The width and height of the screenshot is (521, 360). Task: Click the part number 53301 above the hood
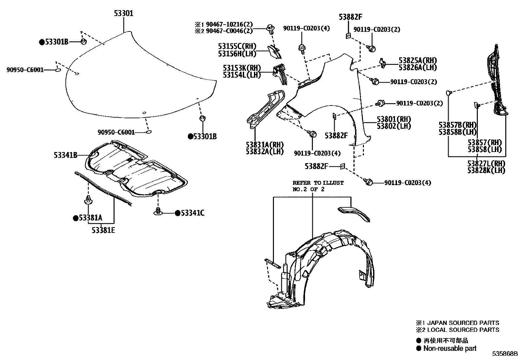[x=123, y=13]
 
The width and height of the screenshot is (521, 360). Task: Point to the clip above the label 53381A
[x=88, y=200]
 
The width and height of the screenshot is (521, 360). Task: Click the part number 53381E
[x=103, y=230]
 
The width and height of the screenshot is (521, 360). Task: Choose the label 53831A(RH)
[x=264, y=144]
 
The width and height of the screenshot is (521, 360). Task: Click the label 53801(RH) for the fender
[x=394, y=119]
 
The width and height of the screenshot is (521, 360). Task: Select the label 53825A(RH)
[x=418, y=61]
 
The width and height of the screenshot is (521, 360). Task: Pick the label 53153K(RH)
[x=242, y=68]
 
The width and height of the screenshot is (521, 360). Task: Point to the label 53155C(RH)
[x=237, y=46]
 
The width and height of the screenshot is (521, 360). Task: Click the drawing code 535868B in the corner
[x=506, y=354]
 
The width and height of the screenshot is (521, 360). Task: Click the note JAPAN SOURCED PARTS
[x=462, y=323]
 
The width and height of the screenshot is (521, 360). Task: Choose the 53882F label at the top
[x=350, y=17]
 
